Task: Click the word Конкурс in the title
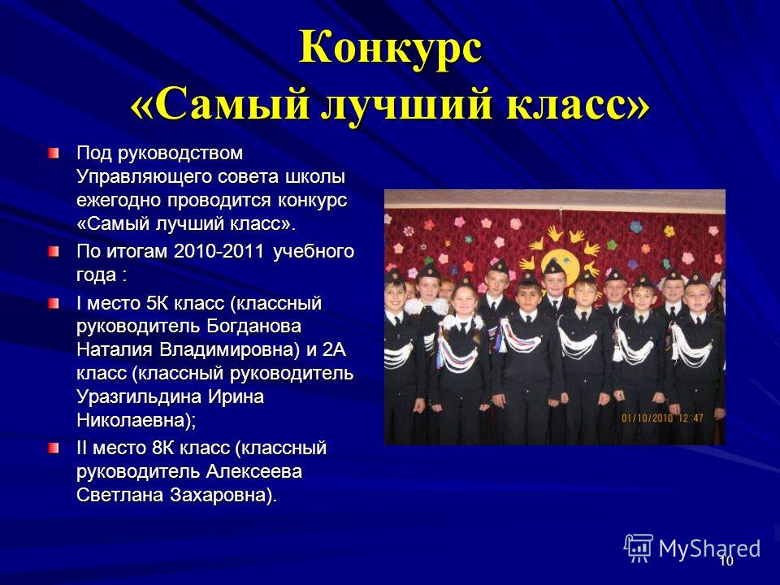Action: (391, 47)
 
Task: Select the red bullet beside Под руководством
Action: (54, 153)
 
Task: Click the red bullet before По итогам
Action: (54, 251)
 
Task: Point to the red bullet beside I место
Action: (54, 303)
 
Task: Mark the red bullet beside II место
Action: (54, 448)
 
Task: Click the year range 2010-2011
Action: (219, 251)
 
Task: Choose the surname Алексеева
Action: (253, 471)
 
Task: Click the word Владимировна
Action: (229, 349)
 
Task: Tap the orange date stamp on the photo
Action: (662, 418)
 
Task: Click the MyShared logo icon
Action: (639, 548)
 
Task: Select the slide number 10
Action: (726, 561)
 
